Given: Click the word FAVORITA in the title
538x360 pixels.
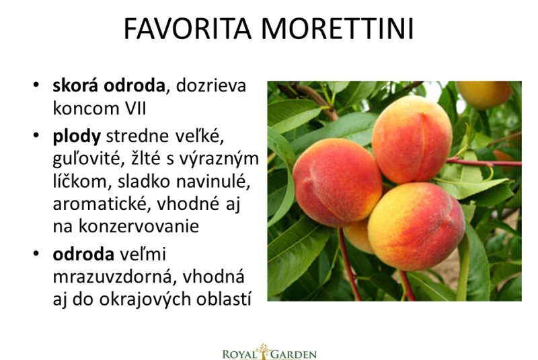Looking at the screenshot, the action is (x=188, y=28).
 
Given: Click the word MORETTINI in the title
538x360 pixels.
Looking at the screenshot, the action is (x=338, y=28).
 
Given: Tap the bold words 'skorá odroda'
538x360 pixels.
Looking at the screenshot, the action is (x=109, y=85).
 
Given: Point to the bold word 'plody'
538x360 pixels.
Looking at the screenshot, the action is (x=77, y=137).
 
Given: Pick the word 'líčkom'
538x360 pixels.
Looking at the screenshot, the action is (x=82, y=181).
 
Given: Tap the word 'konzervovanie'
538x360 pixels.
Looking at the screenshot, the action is (x=139, y=227).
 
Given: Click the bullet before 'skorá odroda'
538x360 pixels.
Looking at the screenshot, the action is (x=36, y=85).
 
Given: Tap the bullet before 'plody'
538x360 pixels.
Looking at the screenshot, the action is (x=36, y=136).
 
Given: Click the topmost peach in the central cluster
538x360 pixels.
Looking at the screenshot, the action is (x=412, y=139).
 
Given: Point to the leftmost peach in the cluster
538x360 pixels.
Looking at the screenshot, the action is (x=337, y=182).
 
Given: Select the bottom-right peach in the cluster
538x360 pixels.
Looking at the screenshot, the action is (x=416, y=227).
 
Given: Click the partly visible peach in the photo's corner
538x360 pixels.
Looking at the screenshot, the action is (x=484, y=94).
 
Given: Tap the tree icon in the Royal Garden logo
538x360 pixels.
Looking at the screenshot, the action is (x=264, y=351).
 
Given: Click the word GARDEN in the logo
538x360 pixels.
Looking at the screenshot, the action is (x=294, y=354).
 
